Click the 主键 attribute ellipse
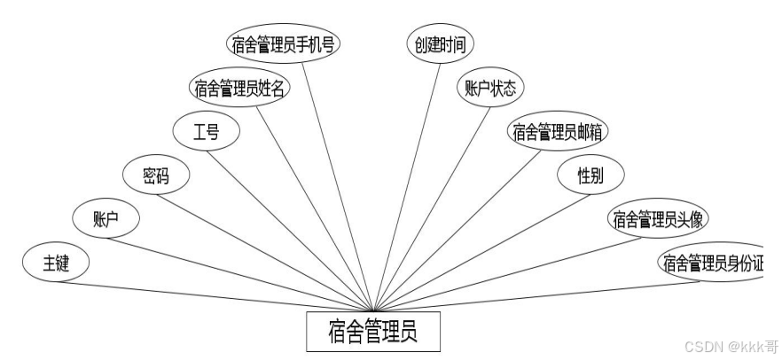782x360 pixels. pyautogui.click(x=56, y=263)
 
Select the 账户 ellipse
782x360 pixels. pyautogui.click(x=106, y=219)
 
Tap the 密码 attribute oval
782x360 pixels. pyautogui.click(x=156, y=175)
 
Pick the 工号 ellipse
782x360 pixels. pyautogui.click(x=206, y=132)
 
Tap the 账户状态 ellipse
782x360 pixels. pyautogui.click(x=489, y=88)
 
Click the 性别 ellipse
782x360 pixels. pyautogui.click(x=590, y=175)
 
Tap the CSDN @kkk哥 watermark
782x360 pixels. pyautogui.click(x=730, y=345)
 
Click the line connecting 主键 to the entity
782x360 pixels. pyautogui.click(x=222, y=296)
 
